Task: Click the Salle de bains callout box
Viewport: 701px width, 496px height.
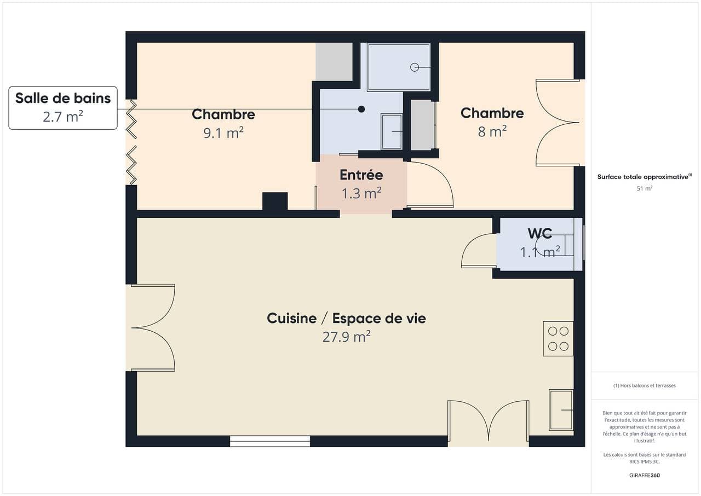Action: (63, 108)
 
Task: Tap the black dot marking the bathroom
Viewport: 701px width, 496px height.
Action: (361, 109)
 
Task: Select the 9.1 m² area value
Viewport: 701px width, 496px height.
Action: (223, 133)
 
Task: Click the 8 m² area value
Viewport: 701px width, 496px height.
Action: (492, 131)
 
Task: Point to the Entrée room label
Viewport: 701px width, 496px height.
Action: (361, 175)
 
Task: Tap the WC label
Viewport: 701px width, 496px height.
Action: (540, 234)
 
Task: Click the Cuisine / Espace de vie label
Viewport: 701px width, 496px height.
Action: (347, 319)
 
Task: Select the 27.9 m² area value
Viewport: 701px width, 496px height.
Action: (347, 337)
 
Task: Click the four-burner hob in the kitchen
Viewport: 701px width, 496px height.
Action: (558, 339)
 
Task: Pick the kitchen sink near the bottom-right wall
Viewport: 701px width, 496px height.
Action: (561, 410)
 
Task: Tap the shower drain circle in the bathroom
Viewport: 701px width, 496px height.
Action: (415, 67)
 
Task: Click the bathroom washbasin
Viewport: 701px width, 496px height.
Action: (392, 131)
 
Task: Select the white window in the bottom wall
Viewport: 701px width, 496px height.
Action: (270, 441)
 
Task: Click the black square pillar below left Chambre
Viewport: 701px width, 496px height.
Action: (275, 201)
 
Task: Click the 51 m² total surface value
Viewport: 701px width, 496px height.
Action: (645, 188)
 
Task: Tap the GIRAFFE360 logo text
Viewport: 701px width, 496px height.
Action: (645, 475)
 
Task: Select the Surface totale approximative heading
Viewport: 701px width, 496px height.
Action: (645, 177)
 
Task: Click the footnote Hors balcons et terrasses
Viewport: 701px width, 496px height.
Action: (645, 385)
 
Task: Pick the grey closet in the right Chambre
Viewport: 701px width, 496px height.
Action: (423, 125)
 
